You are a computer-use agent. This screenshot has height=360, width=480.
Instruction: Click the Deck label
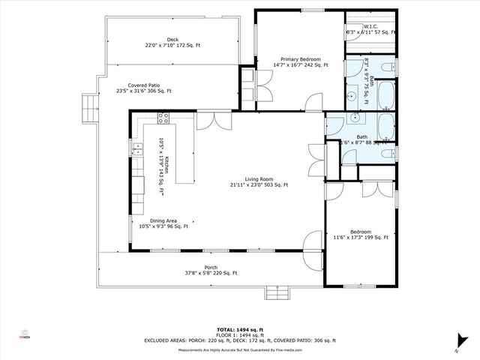pos(172,43)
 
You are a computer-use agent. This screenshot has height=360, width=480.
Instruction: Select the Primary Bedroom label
pos(301,62)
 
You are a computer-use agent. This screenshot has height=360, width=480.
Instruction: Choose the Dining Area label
pos(163,223)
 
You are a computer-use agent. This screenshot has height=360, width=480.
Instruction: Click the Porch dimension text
pos(211,273)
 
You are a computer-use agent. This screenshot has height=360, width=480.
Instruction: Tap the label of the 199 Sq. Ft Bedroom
pos(360,235)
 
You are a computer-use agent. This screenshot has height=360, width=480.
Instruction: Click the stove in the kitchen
pos(163,118)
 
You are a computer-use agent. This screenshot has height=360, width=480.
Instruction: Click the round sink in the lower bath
pos(353,118)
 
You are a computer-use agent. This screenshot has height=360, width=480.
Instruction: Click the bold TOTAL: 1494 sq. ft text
pos(241,329)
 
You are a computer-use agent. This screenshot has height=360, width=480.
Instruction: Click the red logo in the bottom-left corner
pos(25,334)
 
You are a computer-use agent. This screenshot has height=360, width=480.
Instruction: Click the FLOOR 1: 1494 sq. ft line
pos(241,334)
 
